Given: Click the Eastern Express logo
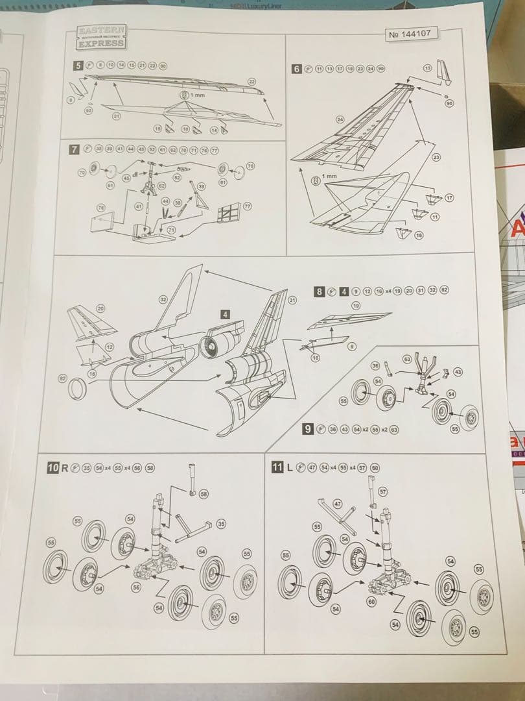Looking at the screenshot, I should point(102,37).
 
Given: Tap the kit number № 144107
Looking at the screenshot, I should point(412,34).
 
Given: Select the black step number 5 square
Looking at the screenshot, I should point(78,66).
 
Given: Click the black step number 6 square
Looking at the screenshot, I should point(297,69).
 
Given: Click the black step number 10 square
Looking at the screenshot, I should point(53,467).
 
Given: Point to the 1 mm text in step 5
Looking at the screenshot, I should point(196,95).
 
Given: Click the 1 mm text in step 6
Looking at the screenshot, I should point(331,177).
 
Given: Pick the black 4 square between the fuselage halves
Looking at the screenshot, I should point(225,314).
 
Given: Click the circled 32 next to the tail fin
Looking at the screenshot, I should point(163,299).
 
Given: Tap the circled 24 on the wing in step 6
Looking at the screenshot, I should point(340,119).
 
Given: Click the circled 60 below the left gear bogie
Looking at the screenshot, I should point(371,602).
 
